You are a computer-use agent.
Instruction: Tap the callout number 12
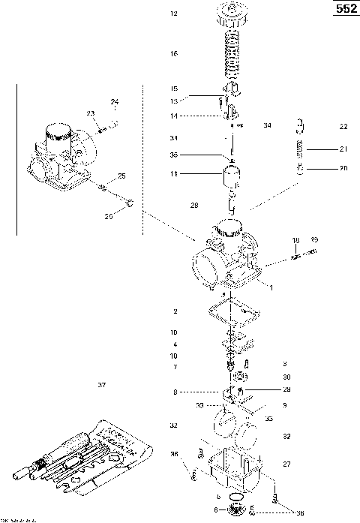click(x=174, y=14)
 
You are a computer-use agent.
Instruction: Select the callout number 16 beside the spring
click(x=174, y=54)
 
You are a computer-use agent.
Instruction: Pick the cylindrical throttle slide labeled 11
click(x=231, y=177)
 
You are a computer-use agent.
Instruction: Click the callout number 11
click(x=174, y=174)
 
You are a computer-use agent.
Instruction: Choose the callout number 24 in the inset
click(x=115, y=102)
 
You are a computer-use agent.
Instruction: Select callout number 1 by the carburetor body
click(x=271, y=288)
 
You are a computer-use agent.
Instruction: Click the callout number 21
click(x=343, y=148)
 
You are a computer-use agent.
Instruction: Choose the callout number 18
click(x=295, y=240)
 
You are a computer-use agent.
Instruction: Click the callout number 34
click(x=267, y=126)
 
